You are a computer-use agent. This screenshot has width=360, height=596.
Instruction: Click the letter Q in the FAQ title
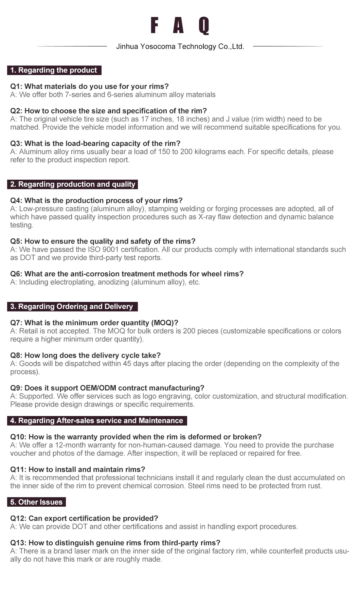pyautogui.click(x=204, y=26)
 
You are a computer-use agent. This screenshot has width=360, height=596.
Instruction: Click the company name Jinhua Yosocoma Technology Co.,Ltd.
pyautogui.click(x=180, y=47)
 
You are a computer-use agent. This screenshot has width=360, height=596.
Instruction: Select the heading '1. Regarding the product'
pyautogui.click(x=54, y=70)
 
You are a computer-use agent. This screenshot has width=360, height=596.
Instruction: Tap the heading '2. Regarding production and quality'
pyautogui.click(x=72, y=184)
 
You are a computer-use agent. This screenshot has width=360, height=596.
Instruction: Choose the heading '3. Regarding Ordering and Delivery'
pyautogui.click(x=72, y=307)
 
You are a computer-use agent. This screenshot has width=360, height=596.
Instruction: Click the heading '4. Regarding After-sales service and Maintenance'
pyautogui.click(x=97, y=421)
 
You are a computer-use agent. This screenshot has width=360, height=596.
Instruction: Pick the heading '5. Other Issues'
pyautogui.click(x=36, y=502)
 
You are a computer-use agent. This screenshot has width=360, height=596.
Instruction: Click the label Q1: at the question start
pyautogui.click(x=16, y=87)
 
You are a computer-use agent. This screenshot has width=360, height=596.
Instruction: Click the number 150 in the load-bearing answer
pyautogui.click(x=164, y=152)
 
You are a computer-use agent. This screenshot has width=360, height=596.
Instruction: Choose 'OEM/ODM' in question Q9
pyautogui.click(x=98, y=388)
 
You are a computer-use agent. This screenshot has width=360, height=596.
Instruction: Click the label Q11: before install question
pyautogui.click(x=18, y=470)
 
